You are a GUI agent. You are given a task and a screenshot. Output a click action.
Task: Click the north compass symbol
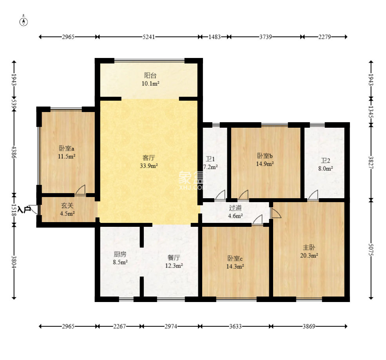[24, 22]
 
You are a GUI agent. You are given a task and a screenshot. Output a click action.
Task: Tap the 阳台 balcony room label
[150, 75]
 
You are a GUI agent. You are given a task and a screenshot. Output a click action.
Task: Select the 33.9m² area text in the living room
[149, 166]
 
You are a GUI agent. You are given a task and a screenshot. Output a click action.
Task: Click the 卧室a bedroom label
[67, 148]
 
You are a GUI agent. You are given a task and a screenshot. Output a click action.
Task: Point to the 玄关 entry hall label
[67, 206]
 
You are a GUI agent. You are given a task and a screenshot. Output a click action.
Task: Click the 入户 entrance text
[24, 210]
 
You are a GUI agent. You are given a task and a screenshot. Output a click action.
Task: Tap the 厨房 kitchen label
[120, 254]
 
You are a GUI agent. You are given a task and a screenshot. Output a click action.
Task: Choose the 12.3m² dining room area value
[174, 266]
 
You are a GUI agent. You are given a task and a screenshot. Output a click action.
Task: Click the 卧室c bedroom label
[235, 259]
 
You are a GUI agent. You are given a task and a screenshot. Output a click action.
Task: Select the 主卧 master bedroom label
[309, 247]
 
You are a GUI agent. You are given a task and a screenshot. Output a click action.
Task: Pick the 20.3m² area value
[309, 255]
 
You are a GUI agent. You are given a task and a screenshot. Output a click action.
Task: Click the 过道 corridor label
[235, 208]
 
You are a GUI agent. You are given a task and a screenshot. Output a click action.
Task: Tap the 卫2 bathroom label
[325, 161]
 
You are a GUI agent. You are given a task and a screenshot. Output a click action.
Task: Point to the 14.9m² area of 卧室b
[265, 164]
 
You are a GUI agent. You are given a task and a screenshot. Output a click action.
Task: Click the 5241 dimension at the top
[149, 37]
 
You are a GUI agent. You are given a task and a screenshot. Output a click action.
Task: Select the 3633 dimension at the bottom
[236, 326]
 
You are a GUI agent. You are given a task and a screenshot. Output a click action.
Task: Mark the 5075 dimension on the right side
[371, 250]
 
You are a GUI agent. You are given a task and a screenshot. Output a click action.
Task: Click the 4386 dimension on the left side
[14, 152]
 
